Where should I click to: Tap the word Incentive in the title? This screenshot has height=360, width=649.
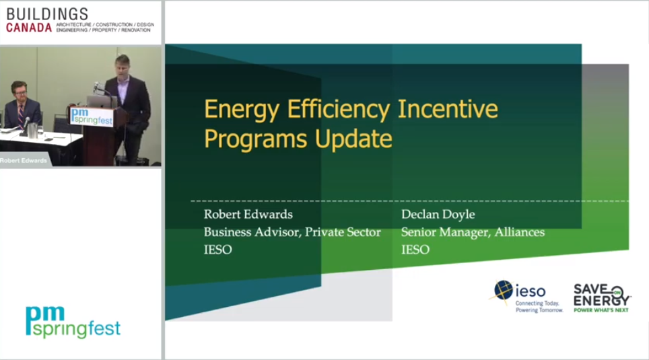[448, 108]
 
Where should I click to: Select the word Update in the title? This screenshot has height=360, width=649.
[353, 139]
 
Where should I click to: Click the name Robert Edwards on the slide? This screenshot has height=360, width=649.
[248, 214]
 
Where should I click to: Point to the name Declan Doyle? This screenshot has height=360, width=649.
[438, 215]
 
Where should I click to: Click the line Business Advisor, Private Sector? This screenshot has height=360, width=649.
[292, 232]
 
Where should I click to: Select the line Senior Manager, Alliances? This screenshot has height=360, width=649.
[473, 232]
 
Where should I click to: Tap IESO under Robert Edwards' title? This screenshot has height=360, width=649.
[217, 250]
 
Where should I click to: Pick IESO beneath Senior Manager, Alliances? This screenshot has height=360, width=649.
[415, 250]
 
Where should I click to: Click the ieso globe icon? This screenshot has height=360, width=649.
[503, 290]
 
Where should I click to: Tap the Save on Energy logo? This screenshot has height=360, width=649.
[601, 298]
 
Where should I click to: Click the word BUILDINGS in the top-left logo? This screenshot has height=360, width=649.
[47, 14]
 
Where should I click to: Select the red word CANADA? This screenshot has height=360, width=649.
[29, 28]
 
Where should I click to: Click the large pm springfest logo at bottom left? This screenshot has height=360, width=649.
[73, 322]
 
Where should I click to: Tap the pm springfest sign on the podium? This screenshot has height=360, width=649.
[92, 116]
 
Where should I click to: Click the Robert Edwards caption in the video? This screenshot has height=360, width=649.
[24, 161]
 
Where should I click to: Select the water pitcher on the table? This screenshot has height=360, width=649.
[32, 130]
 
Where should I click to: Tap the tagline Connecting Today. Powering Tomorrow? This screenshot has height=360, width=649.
[539, 307]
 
